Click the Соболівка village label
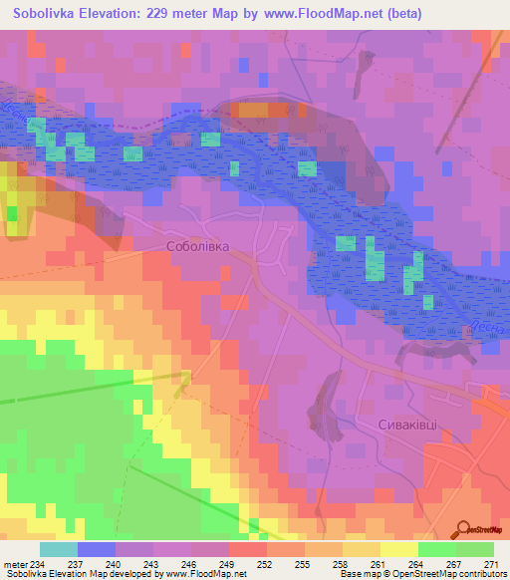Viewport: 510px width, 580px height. (197, 245)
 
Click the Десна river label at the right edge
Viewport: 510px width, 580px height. (498, 324)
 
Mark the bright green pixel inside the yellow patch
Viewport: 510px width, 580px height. (12, 213)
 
